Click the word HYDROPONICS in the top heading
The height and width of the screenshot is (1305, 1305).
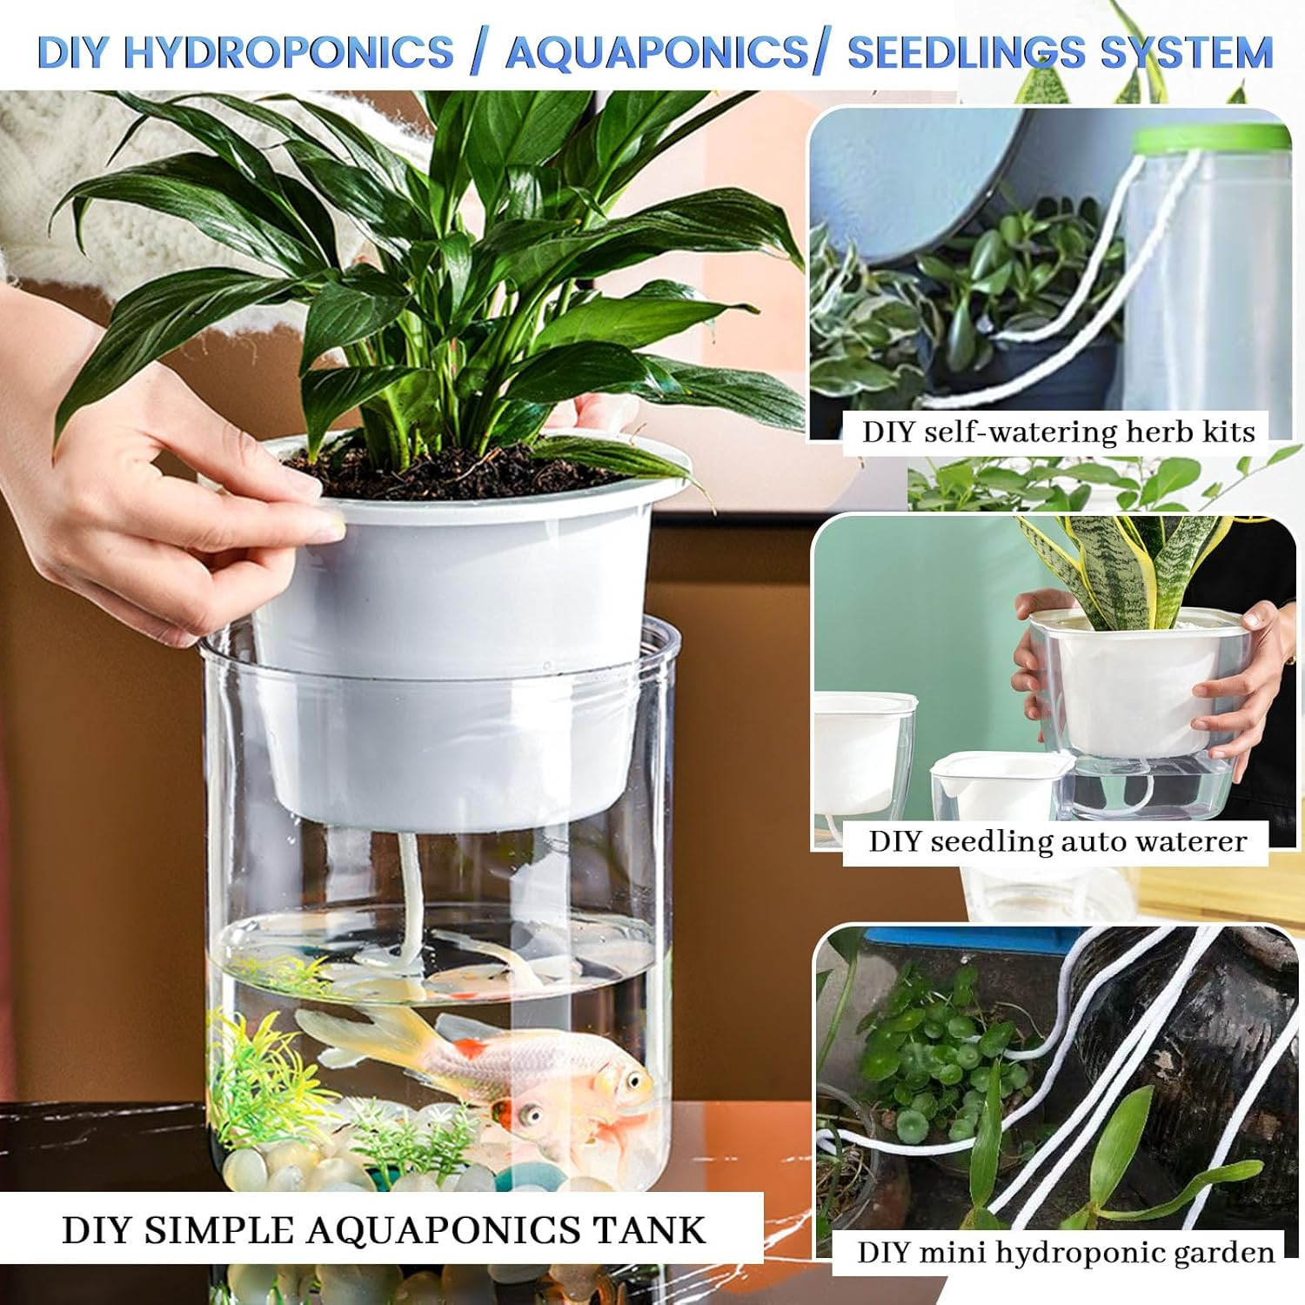pyautogui.click(x=289, y=52)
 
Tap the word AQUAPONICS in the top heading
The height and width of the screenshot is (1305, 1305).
pyautogui.click(x=657, y=52)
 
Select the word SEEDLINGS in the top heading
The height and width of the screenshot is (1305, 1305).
pyautogui.click(x=966, y=52)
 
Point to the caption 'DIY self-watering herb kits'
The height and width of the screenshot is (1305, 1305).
pyautogui.click(x=1058, y=432)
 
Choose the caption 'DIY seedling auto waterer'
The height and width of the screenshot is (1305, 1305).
pyautogui.click(x=1057, y=841)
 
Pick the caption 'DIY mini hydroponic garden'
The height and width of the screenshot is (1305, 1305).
pyautogui.click(x=1066, y=1252)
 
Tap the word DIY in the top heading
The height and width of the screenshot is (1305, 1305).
pyautogui.click(x=75, y=52)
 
